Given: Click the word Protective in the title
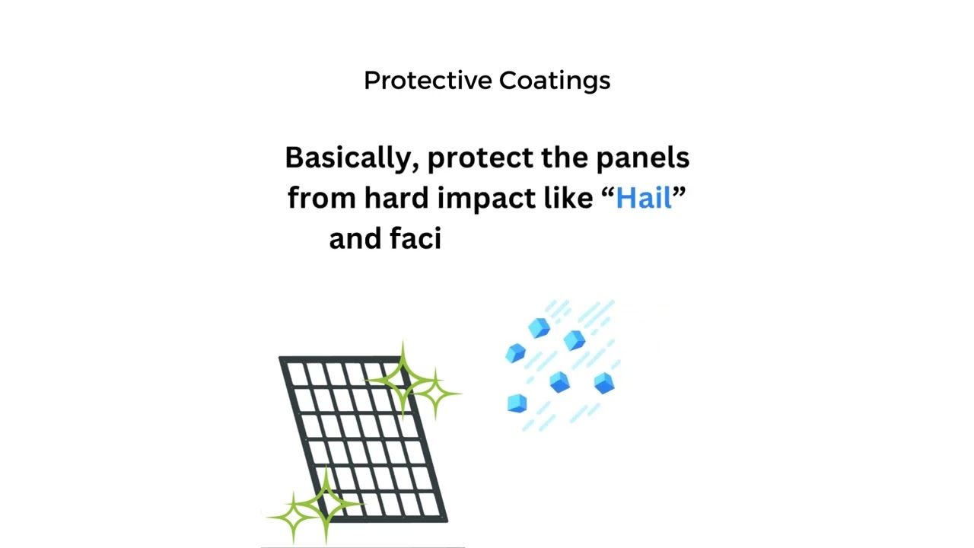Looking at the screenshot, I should (x=428, y=81).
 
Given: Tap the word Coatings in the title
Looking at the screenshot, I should (x=555, y=81).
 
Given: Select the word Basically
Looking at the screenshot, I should (x=351, y=158).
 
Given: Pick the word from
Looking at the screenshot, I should (x=321, y=198).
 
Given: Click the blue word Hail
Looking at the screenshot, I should (x=644, y=198).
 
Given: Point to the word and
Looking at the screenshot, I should (x=355, y=239).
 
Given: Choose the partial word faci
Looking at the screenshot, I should (x=415, y=239).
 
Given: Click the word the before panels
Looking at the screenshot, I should (x=565, y=158).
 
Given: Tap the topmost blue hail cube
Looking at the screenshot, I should (x=540, y=328).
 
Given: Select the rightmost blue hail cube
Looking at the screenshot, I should (x=604, y=383).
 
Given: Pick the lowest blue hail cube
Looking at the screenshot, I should (x=517, y=403).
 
